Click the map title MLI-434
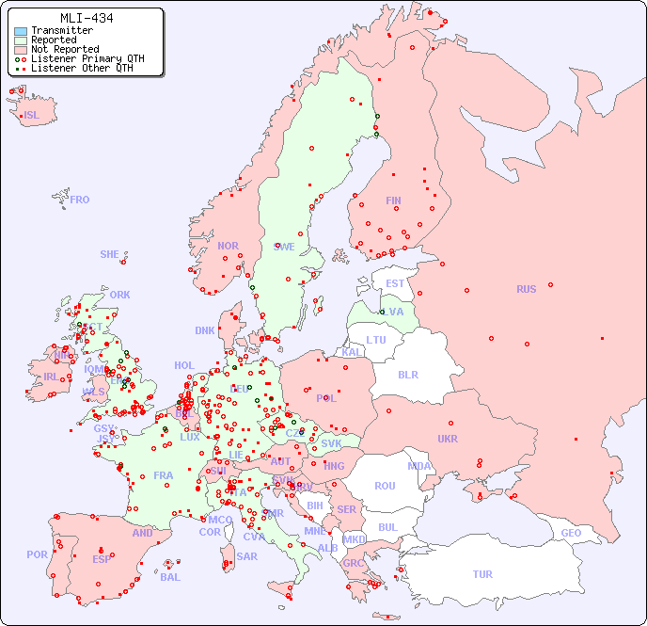coord(87,18)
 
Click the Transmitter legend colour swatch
coord(21,30)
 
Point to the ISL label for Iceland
coord(32,116)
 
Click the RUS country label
coord(526,289)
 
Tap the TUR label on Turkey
coord(482,574)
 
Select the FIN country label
coord(393,201)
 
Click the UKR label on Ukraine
coord(448,439)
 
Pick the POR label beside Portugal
coord(37,554)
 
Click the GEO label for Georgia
coord(571,533)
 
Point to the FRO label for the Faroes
coord(80,200)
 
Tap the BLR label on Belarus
coord(407,374)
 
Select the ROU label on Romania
coord(385,486)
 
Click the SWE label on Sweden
coord(284,247)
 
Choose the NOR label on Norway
coord(228,246)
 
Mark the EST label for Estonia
coord(395,283)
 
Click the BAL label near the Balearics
coord(169,577)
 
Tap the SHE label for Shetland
coord(110,254)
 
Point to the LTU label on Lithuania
coord(376,340)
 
